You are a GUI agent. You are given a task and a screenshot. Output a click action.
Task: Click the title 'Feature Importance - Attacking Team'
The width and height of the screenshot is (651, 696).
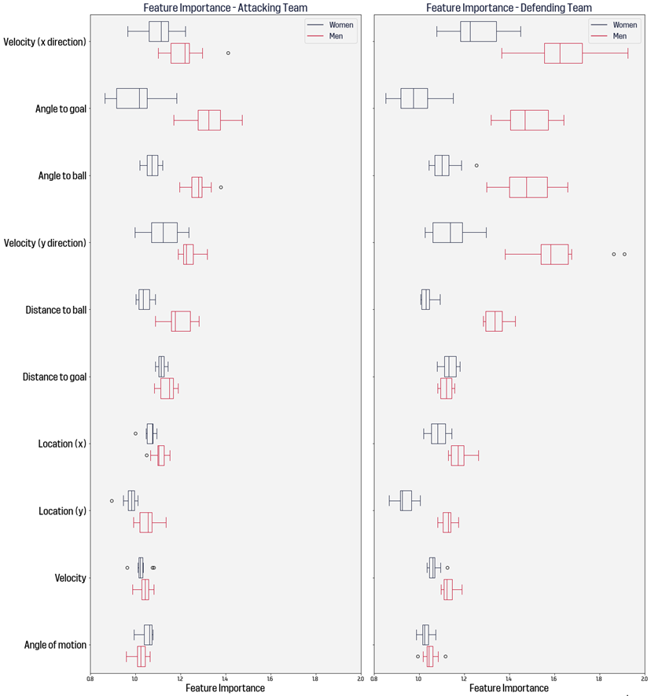click(x=225, y=7)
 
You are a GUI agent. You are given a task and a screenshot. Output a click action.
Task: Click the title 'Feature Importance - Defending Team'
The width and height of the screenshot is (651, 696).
click(x=509, y=7)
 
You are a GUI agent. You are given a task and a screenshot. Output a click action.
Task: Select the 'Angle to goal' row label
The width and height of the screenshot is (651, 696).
click(x=61, y=109)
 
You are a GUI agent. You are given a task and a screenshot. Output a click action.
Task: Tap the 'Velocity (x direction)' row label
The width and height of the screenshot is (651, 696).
click(x=45, y=42)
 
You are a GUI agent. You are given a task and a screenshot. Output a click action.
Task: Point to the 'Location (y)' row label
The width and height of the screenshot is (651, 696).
click(x=62, y=511)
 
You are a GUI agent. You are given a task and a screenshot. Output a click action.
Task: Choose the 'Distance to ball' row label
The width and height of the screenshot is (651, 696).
click(x=56, y=310)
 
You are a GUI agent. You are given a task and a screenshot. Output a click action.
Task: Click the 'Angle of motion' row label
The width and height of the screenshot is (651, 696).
click(x=56, y=645)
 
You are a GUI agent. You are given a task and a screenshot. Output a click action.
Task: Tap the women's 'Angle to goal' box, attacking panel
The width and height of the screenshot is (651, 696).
click(x=132, y=98)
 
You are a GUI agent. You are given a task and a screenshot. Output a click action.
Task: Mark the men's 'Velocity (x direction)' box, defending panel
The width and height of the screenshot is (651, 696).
click(x=563, y=53)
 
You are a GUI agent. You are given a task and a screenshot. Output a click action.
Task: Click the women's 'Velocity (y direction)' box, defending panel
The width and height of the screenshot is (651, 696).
click(x=447, y=233)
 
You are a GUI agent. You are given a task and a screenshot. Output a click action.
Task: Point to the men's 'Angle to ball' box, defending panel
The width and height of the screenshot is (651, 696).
click(x=528, y=187)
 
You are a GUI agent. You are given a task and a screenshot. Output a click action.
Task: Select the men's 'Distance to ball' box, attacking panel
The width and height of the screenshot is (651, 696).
click(x=181, y=321)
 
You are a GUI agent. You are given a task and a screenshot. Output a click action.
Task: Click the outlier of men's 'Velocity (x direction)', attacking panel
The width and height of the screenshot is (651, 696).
click(x=228, y=53)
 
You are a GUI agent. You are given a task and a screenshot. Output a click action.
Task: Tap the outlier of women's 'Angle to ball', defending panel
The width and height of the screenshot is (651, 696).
click(x=476, y=165)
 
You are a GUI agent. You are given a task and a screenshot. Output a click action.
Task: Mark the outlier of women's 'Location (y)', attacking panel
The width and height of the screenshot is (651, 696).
click(x=112, y=500)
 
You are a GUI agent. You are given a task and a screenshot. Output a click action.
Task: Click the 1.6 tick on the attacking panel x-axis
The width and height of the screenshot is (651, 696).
click(x=270, y=678)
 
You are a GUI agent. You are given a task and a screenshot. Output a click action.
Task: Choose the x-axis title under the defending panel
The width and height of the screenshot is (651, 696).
click(x=509, y=688)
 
